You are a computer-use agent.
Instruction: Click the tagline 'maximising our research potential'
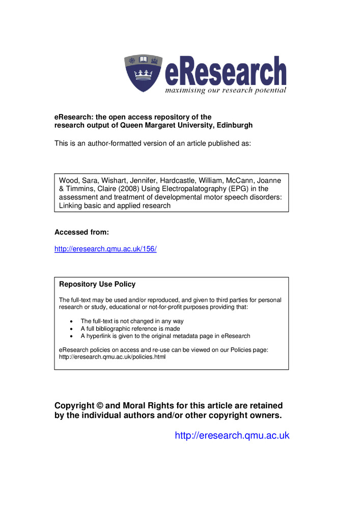coord(225,90)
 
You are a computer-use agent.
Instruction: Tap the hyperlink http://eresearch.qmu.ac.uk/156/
coord(105,249)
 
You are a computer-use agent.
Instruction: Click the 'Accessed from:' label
coord(82,232)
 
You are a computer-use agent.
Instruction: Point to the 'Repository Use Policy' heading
coord(97,284)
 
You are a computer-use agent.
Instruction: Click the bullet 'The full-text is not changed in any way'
coord(132,321)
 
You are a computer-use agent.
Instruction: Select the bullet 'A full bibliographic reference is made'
coord(132,328)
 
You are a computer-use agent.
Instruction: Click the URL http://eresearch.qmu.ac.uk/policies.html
coord(112,357)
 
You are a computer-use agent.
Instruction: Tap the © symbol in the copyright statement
coord(99,406)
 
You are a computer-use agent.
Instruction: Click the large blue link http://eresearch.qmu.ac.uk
coord(232,435)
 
